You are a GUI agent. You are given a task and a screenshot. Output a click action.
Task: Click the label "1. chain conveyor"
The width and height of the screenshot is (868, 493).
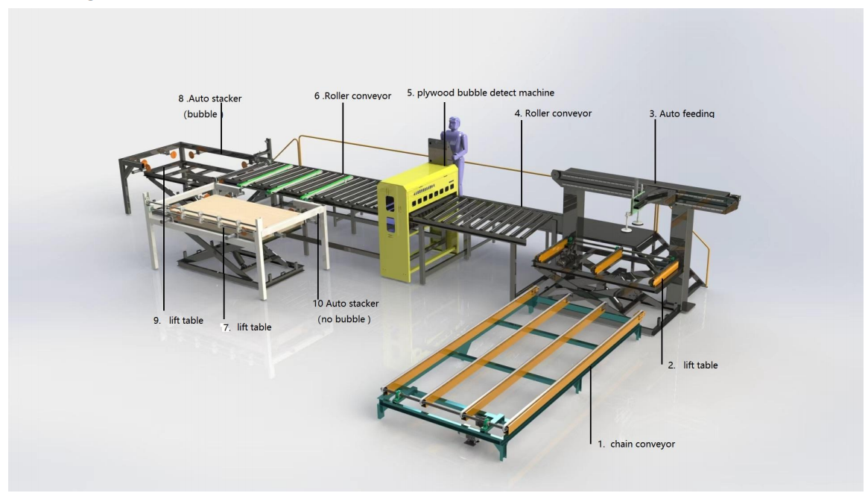[636, 445]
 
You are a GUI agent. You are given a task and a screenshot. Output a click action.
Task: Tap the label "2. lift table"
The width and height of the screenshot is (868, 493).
[692, 365]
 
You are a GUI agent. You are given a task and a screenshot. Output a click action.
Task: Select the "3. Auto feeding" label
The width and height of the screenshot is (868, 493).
[682, 113]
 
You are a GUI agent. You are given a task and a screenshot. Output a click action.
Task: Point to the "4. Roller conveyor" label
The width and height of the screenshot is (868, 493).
[553, 113]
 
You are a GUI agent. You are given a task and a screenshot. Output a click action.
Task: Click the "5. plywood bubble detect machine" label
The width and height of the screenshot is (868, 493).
[481, 93]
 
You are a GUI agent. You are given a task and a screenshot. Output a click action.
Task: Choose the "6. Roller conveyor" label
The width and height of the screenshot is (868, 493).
[352, 95]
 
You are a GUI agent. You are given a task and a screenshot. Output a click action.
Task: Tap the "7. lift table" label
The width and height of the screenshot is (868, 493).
[247, 327]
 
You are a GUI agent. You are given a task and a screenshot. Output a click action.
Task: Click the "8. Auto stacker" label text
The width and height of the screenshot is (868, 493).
[210, 98]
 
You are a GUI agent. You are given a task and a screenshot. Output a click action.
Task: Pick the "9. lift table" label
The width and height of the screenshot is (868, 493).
[178, 320]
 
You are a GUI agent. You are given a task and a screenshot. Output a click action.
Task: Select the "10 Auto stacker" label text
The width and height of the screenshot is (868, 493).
[346, 304]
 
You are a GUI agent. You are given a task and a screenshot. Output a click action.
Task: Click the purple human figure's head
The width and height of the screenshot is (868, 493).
[454, 124]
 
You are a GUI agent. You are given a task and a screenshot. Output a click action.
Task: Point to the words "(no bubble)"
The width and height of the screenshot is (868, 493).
[343, 319]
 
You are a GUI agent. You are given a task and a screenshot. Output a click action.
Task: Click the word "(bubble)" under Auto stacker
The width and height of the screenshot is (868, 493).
[203, 114]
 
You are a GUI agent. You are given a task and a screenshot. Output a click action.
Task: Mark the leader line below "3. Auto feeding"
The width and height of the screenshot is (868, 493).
[656, 151]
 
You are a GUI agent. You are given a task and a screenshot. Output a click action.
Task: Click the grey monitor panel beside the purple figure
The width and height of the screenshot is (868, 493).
[437, 151]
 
